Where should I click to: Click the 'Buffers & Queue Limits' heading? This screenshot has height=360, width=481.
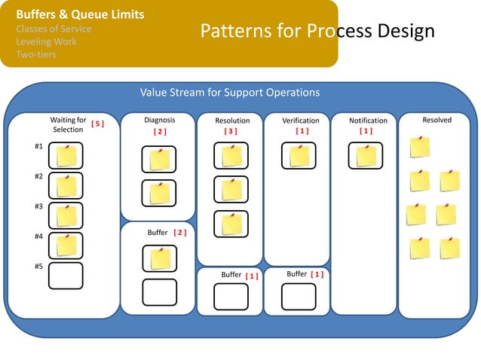(80, 14)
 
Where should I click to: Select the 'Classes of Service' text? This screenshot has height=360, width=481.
(54, 29)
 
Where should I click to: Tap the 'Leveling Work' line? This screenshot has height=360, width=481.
(46, 41)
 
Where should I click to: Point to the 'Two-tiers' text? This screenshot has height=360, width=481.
(36, 54)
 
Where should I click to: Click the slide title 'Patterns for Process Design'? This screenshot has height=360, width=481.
(317, 31)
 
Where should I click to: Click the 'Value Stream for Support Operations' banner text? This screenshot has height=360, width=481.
(230, 93)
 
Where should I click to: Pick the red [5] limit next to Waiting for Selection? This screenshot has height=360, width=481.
(97, 122)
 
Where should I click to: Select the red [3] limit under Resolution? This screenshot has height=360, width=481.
(231, 131)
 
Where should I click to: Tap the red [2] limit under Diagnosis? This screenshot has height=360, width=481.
(159, 131)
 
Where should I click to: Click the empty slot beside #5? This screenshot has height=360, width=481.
(66, 276)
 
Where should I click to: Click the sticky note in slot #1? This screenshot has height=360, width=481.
(66, 156)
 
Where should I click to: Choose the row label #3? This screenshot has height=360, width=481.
(38, 206)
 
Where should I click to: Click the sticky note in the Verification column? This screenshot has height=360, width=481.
(299, 156)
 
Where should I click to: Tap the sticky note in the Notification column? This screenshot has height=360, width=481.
(366, 156)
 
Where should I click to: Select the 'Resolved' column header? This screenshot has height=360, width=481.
(437, 121)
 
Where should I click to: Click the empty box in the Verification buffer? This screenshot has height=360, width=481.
(299, 296)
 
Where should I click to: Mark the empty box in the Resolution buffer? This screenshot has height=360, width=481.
(231, 296)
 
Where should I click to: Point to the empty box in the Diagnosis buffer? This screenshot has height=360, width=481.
(160, 291)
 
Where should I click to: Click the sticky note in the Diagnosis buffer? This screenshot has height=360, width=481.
(160, 258)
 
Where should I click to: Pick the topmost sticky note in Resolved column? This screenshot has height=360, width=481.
(419, 147)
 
